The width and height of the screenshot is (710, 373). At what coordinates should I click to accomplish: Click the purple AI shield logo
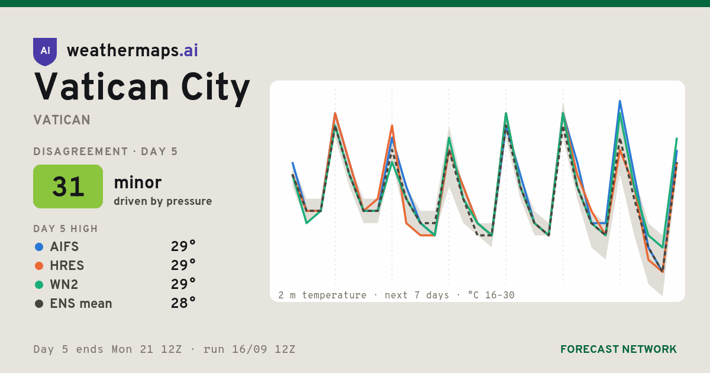[45, 52]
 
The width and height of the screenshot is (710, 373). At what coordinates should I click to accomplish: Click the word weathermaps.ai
[132, 51]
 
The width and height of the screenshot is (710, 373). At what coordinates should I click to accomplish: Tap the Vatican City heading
[141, 88]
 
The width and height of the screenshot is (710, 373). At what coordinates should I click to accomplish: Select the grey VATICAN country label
[62, 120]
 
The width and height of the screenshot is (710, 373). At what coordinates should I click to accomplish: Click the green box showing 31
[68, 186]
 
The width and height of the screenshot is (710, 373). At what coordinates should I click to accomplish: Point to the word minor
[137, 182]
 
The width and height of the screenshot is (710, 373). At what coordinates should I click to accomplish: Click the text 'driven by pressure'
[163, 201]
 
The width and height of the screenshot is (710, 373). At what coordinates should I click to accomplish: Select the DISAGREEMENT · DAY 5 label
[105, 152]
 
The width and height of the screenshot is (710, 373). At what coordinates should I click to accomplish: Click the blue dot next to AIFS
[39, 247]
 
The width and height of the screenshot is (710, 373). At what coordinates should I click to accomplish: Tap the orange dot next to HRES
[39, 266]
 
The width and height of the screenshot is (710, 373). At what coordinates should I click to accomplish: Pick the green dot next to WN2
[39, 285]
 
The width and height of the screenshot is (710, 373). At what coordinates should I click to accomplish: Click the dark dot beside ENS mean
[39, 304]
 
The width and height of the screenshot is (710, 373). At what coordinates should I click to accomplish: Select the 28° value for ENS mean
[183, 303]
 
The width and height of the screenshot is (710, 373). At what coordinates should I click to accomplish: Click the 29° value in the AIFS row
[183, 246]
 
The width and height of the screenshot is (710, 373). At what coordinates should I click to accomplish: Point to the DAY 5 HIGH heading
[66, 229]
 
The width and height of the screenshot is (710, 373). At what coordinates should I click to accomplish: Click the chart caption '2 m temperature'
[322, 295]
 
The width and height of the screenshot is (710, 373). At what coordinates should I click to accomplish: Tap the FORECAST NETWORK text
[618, 349]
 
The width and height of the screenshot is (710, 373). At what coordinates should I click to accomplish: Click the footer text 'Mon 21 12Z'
[147, 349]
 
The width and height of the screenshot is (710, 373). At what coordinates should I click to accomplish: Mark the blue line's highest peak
[619, 101]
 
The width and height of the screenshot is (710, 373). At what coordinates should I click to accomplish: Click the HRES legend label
[67, 266]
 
